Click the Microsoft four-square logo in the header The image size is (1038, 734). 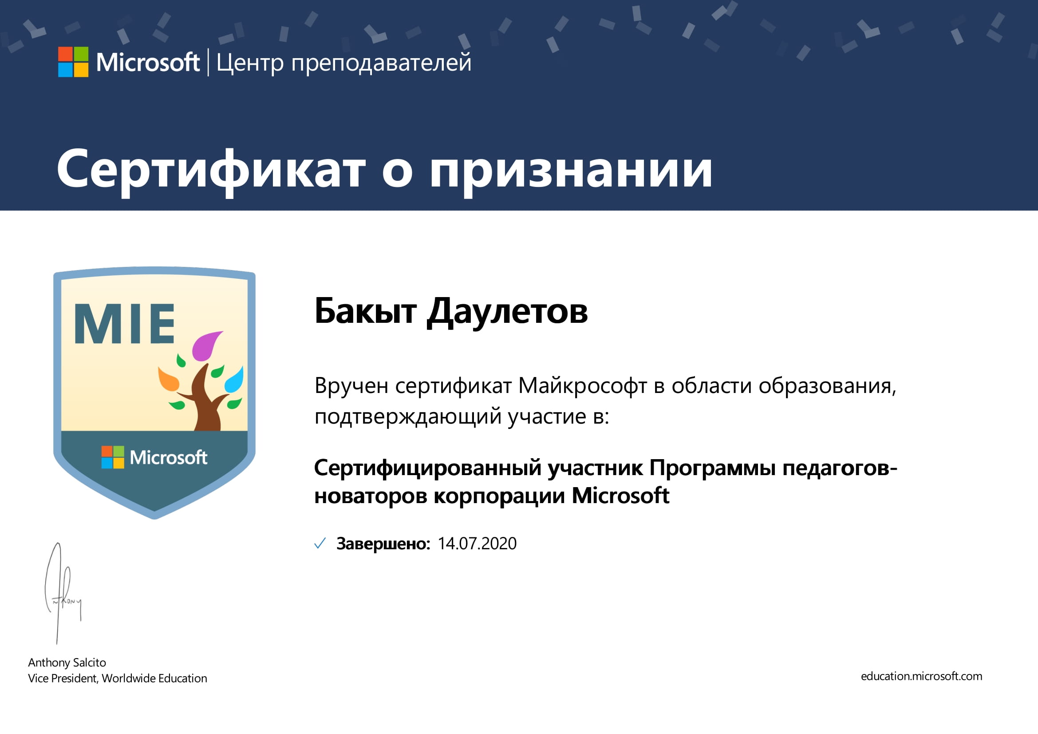73,62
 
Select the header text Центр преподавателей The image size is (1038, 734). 343,63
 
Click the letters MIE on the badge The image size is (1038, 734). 124,323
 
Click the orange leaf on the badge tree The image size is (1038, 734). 169,379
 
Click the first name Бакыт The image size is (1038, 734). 365,311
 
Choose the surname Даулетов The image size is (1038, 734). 507,312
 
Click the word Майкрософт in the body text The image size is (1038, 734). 583,386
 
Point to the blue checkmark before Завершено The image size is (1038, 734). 320,543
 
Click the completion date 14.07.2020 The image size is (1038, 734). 477,544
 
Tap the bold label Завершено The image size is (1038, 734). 383,544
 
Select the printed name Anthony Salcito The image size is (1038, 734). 67,663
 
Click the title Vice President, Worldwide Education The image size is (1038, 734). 118,678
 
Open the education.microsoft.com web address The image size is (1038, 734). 921,677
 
